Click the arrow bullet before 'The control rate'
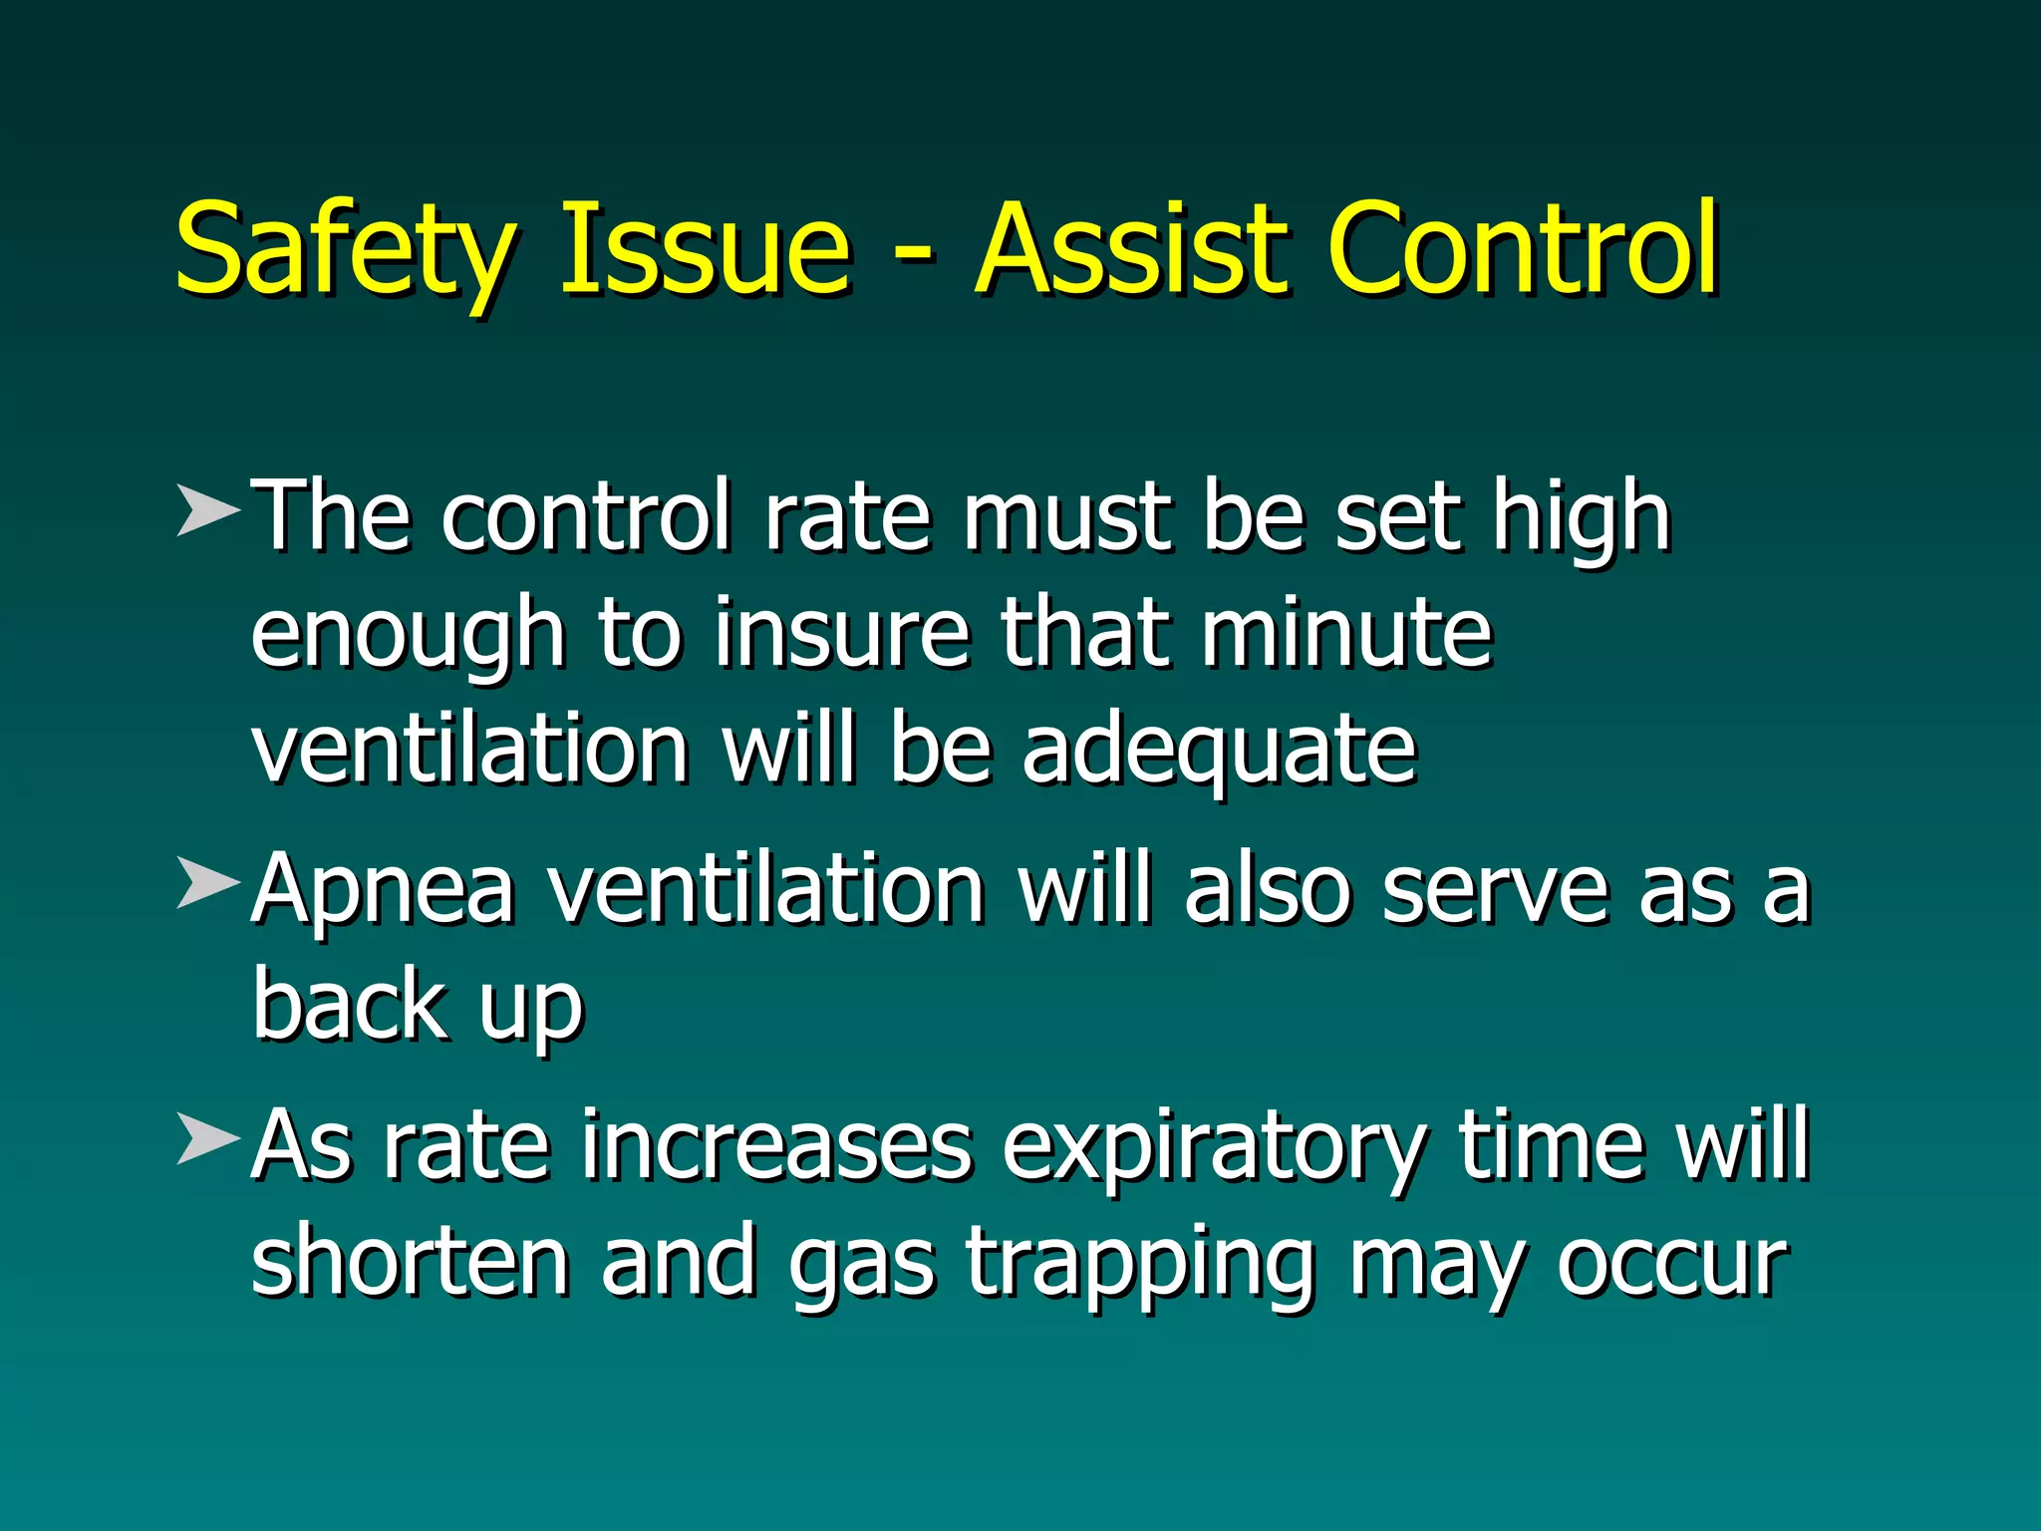(x=208, y=511)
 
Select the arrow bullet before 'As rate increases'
(x=208, y=1138)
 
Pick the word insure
(x=841, y=634)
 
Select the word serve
(x=1495, y=890)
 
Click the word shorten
(x=410, y=1262)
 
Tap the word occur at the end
(x=1673, y=1264)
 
